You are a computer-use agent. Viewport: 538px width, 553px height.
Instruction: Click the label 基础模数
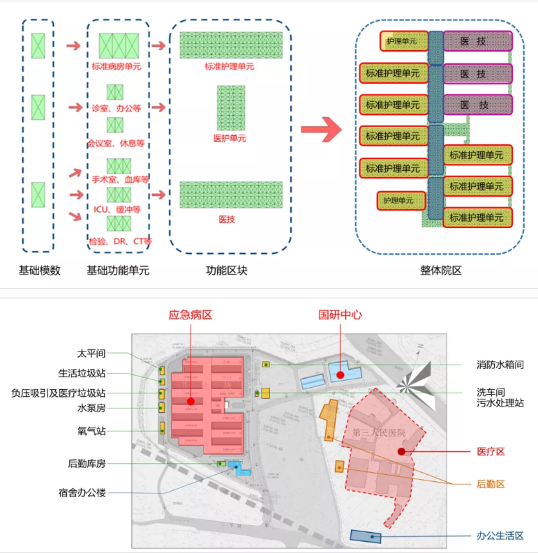[x=40, y=271]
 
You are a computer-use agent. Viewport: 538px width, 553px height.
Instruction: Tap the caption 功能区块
[x=226, y=271]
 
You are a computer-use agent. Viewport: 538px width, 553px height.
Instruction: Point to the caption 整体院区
[x=440, y=271]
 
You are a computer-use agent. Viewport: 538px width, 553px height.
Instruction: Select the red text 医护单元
[x=230, y=138]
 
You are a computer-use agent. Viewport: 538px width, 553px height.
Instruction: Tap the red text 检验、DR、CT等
[x=120, y=241]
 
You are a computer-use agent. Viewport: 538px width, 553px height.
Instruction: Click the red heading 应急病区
[x=190, y=315]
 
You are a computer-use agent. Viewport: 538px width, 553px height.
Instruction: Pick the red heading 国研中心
[x=340, y=315]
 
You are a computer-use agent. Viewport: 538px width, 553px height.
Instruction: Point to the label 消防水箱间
[x=500, y=364]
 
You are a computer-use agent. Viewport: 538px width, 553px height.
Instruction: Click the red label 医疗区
[x=490, y=452]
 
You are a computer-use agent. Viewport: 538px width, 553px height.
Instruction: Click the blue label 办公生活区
[x=500, y=536]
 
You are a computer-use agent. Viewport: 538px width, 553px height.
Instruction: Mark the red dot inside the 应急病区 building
[x=190, y=402]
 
